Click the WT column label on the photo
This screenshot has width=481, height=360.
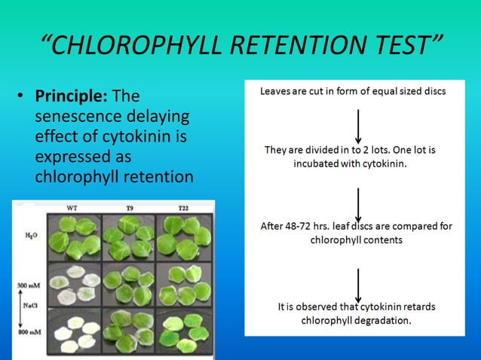pyautogui.click(x=72, y=207)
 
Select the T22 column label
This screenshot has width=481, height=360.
pyautogui.click(x=182, y=207)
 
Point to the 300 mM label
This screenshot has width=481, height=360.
pyautogui.click(x=26, y=285)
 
